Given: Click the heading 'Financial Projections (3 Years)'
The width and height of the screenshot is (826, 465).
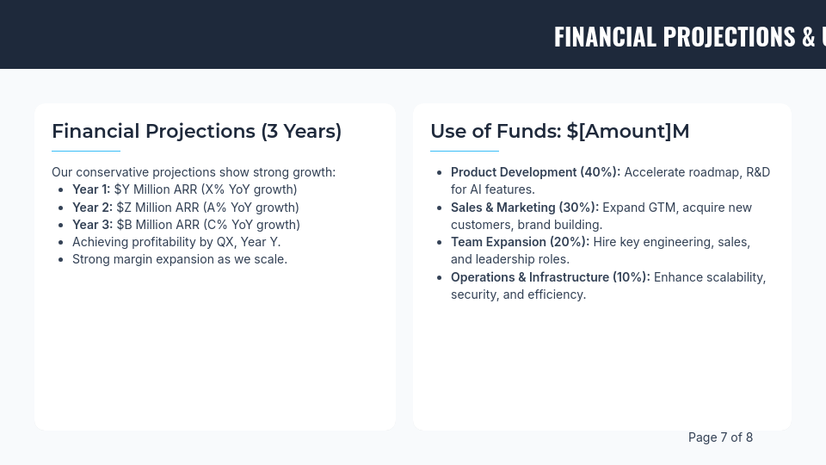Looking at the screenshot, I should click(x=196, y=131).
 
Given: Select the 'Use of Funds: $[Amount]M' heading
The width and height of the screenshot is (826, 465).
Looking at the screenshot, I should click(x=559, y=131).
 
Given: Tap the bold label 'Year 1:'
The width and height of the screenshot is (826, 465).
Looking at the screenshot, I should click(x=91, y=189).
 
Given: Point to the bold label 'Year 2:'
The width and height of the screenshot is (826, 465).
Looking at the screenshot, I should click(x=92, y=208).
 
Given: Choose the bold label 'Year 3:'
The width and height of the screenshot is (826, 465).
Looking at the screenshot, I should click(x=92, y=225).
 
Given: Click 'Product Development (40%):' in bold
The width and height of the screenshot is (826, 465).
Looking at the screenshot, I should click(x=535, y=172).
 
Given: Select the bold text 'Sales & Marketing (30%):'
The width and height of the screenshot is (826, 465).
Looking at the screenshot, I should click(x=524, y=208).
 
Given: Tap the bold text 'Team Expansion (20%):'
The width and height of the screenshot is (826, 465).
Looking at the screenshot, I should click(x=520, y=242).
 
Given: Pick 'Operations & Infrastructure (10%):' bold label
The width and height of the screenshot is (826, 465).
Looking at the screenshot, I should click(x=550, y=277).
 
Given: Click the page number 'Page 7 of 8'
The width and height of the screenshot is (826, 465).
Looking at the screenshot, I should click(x=720, y=437).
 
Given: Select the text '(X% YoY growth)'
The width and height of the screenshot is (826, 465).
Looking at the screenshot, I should click(x=249, y=189).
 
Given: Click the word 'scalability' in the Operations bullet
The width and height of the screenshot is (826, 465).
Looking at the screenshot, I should click(x=730, y=277).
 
